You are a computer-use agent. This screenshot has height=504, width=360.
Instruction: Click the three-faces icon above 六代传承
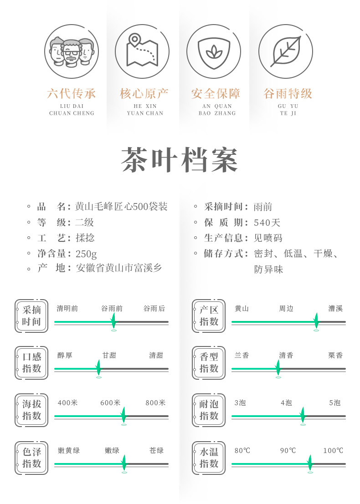click(72, 51)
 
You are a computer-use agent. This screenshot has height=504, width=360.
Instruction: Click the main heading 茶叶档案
click(180, 160)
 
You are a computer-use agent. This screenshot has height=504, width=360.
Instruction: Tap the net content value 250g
click(86, 254)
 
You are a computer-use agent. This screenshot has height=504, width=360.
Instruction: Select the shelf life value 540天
click(267, 223)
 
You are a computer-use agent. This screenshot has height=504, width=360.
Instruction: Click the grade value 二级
click(84, 223)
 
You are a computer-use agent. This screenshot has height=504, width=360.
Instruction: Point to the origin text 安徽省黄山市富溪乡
click(119, 268)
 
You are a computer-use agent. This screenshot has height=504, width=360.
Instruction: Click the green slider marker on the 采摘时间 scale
click(113, 321)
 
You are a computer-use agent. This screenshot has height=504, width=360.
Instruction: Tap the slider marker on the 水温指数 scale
click(310, 463)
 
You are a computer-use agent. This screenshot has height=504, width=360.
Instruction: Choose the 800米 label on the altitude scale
click(156, 403)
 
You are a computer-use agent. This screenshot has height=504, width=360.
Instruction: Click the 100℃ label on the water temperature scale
click(333, 451)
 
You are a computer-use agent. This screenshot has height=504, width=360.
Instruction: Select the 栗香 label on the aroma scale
click(335, 356)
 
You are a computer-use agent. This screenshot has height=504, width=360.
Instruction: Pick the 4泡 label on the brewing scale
click(286, 403)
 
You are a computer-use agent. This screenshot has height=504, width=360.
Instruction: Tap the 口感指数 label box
click(31, 363)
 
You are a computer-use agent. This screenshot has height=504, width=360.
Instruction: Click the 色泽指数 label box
click(31, 458)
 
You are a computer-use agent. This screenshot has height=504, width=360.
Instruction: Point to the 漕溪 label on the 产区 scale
click(335, 309)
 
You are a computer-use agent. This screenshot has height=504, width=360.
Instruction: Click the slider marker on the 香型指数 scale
click(278, 367)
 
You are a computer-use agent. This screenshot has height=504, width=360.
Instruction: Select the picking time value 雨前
click(263, 207)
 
